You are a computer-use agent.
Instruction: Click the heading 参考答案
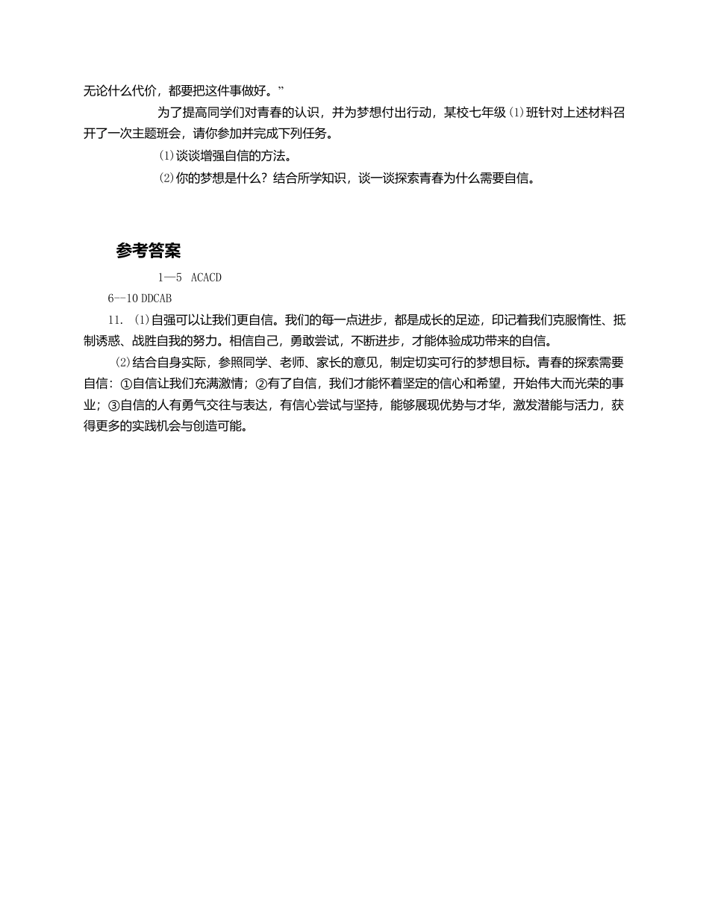click(148, 251)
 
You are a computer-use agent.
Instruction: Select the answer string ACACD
click(206, 278)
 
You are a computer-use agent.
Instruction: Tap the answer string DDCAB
click(156, 298)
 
